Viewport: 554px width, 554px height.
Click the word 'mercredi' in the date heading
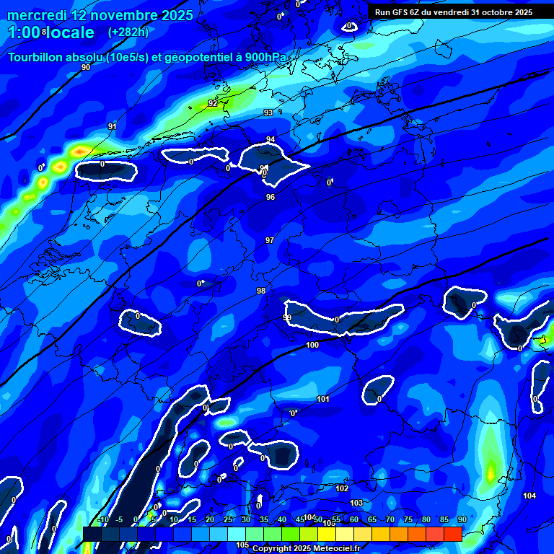coord(38,15)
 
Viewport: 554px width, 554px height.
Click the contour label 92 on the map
coord(213,103)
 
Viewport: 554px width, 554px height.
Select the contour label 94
coord(271,139)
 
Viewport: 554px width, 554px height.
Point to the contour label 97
coord(270,240)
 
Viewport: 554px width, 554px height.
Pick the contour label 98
coord(261,291)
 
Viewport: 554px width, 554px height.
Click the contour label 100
coord(312,346)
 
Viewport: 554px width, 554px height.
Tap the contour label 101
coord(323,399)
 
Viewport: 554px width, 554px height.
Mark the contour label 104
coord(529,496)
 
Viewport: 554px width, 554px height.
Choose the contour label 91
coord(113,126)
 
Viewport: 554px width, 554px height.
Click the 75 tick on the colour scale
coord(408,519)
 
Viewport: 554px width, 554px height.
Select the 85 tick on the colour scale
coord(444,519)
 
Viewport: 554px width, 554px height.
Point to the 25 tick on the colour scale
coord(228,519)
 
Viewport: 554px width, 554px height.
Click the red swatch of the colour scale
coord(453,534)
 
